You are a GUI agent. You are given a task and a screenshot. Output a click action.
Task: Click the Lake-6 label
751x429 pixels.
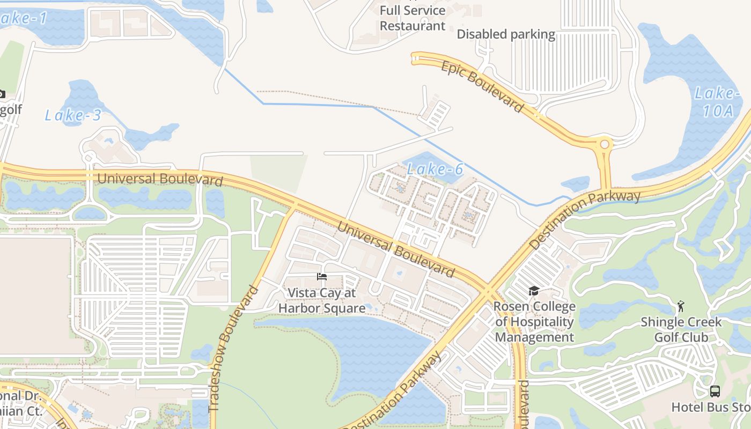pos(435,169)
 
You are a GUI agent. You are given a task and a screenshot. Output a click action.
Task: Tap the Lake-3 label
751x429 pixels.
pos(72,115)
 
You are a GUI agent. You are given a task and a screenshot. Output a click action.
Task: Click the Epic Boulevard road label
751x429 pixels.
pos(482,86)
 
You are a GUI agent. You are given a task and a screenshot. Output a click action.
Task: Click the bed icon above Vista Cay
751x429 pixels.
pos(322,277)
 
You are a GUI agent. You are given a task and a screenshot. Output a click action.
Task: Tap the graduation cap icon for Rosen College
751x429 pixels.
pos(534,291)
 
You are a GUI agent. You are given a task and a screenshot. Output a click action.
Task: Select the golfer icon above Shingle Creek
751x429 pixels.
pos(681,306)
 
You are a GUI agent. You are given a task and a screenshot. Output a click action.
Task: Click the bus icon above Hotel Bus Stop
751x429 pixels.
pos(715,391)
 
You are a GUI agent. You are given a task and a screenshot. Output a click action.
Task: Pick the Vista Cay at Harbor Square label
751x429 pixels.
pos(322,300)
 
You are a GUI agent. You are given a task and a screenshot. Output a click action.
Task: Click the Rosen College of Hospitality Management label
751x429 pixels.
pos(534,322)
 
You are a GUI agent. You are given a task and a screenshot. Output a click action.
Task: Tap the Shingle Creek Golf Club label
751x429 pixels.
pos(681,330)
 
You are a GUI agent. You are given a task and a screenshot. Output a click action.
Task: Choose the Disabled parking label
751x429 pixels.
pos(506,34)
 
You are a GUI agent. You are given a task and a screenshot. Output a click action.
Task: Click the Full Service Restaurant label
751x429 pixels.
pos(413,18)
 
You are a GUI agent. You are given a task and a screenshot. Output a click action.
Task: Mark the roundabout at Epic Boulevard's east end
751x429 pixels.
pos(605,144)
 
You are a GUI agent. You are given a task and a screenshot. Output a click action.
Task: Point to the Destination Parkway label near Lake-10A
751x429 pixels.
pos(585,219)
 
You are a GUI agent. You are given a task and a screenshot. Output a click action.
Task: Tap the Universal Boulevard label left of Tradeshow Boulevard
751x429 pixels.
pos(159,179)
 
